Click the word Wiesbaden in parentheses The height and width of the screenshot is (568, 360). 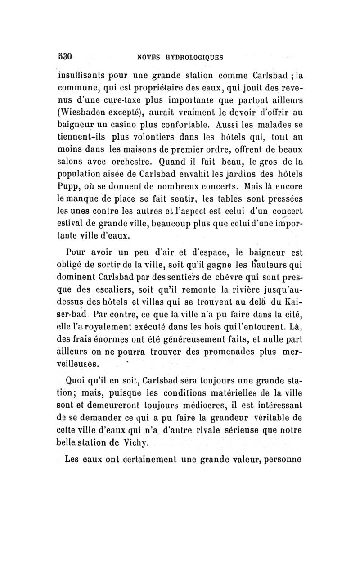(x=83, y=109)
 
